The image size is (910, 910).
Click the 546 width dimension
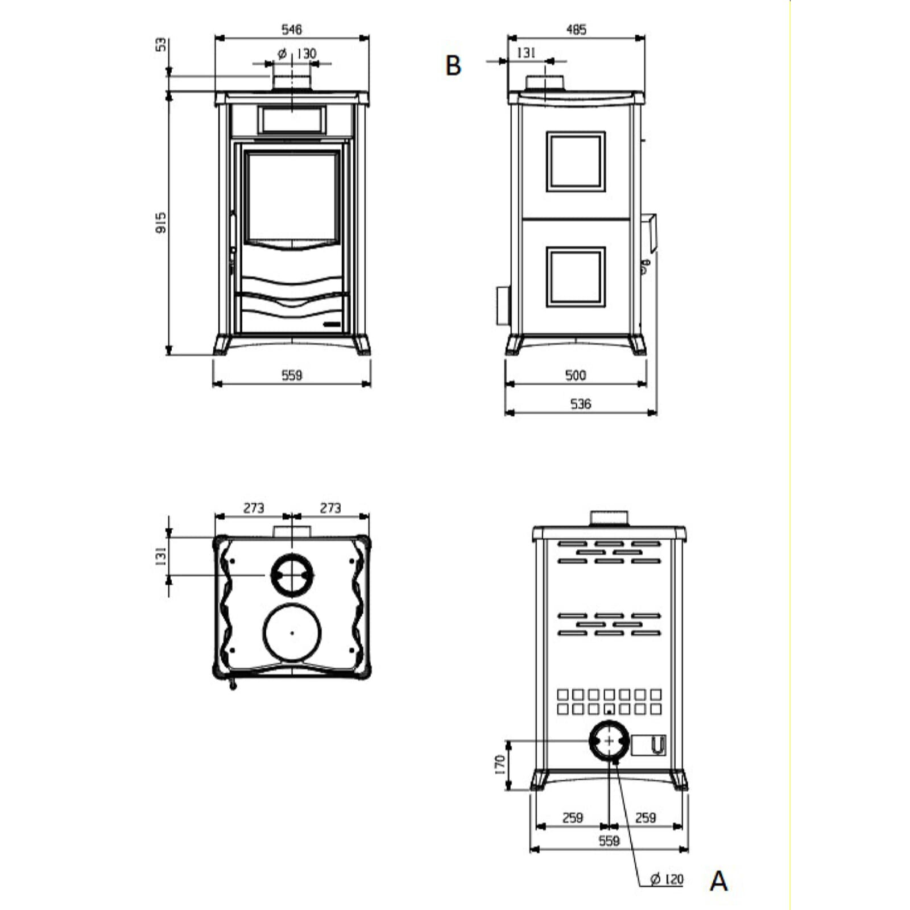(292, 29)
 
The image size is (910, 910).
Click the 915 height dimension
(162, 222)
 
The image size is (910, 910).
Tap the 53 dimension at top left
(162, 44)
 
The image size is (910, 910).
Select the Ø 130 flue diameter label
(297, 53)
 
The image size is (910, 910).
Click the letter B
(453, 66)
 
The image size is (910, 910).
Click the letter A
(718, 881)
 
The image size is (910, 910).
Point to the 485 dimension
(576, 30)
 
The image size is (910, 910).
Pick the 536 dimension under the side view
(581, 404)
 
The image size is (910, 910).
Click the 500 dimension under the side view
(576, 375)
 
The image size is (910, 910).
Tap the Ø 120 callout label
(667, 879)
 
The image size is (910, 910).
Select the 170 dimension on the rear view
(500, 764)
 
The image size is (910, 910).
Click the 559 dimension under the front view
(292, 375)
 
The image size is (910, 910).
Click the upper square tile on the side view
(576, 162)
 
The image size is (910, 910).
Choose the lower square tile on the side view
(576, 277)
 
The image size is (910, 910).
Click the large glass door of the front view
(292, 196)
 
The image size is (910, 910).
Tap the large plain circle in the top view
(292, 632)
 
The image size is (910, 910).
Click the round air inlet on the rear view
(609, 741)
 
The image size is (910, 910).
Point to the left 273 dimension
(254, 507)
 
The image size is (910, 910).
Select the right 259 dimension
(646, 817)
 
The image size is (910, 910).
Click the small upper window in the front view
(292, 120)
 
